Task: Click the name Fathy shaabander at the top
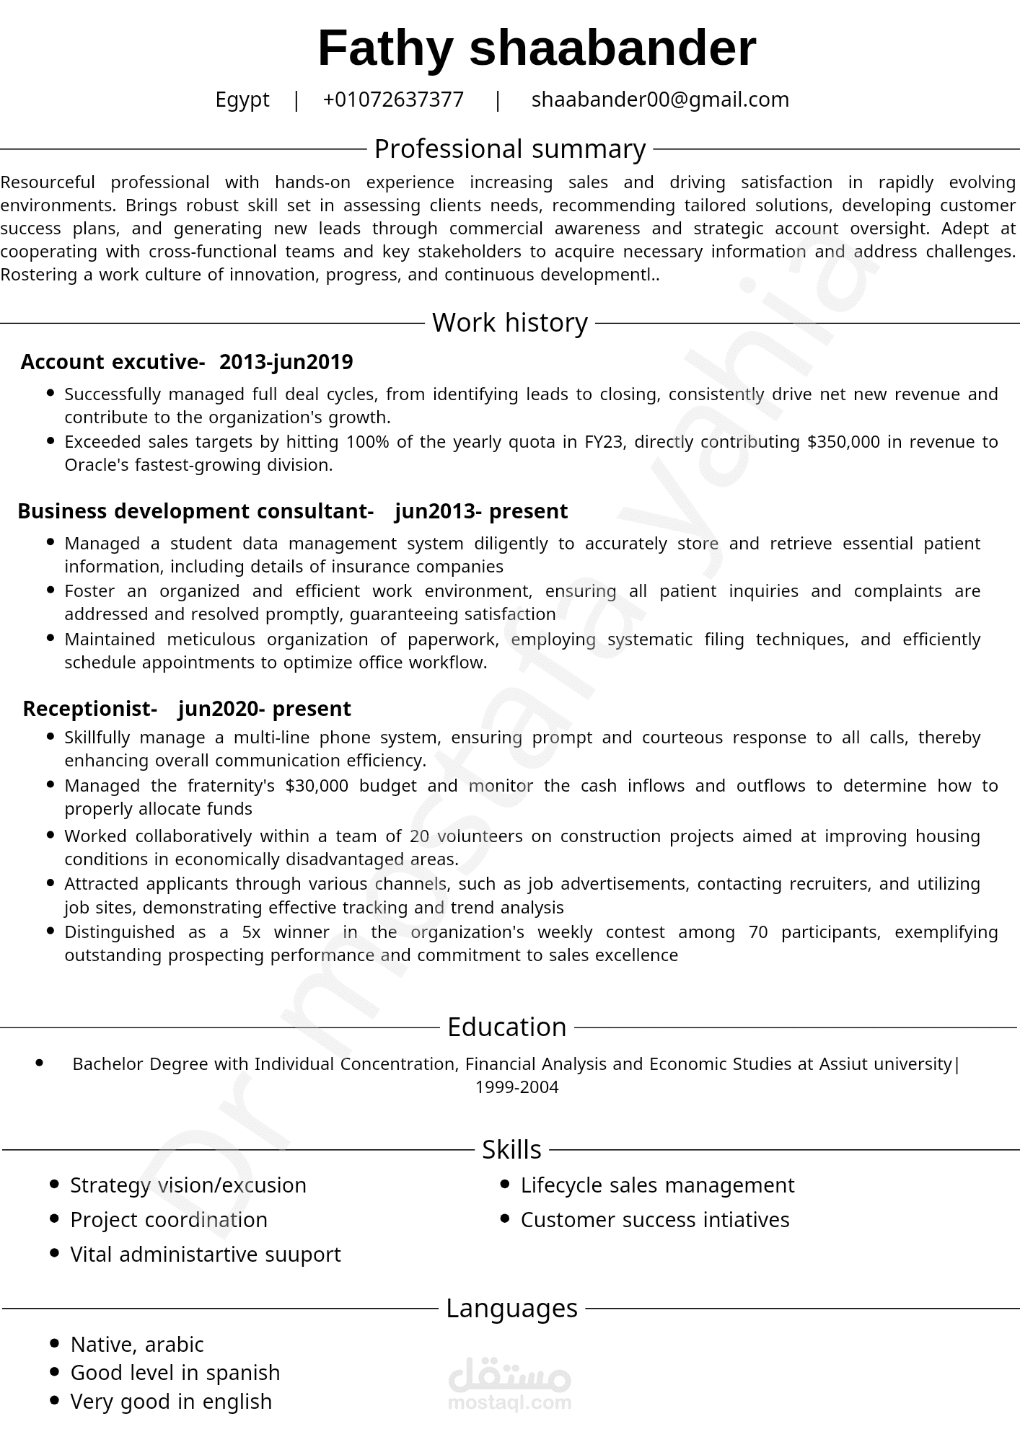(x=537, y=49)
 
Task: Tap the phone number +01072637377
(x=393, y=99)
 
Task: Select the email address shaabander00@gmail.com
(x=660, y=99)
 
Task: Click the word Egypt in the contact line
(x=242, y=99)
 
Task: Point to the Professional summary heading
(x=510, y=149)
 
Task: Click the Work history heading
(x=510, y=322)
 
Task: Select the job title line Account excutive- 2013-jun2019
(x=187, y=362)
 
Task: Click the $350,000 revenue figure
(x=843, y=442)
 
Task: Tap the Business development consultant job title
(x=195, y=511)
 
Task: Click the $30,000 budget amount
(x=317, y=785)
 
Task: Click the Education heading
(x=507, y=1027)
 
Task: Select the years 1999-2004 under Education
(x=516, y=1087)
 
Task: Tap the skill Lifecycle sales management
(x=657, y=1185)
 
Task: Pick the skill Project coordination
(x=169, y=1220)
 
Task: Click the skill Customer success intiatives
(x=655, y=1220)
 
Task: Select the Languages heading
(x=511, y=1308)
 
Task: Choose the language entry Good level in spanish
(x=175, y=1373)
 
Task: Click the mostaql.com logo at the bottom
(x=509, y=1384)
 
